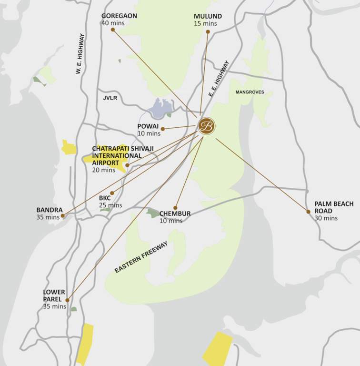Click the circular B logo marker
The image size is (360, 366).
pyautogui.click(x=206, y=126)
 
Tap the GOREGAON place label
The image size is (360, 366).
pyautogui.click(x=119, y=16)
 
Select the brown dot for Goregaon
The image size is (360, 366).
pyautogui.click(x=113, y=30)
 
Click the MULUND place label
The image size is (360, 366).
pyautogui.click(x=208, y=16)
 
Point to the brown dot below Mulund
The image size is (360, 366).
pyautogui.click(x=208, y=32)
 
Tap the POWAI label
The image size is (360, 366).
pyautogui.click(x=148, y=126)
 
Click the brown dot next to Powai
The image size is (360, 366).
pyautogui.click(x=163, y=129)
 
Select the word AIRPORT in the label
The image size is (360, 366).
pyautogui.click(x=105, y=163)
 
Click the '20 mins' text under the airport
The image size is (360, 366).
pyautogui.click(x=103, y=170)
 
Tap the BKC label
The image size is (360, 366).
pyautogui.click(x=105, y=198)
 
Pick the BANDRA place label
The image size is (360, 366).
pyautogui.click(x=50, y=210)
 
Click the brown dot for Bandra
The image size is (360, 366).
pyautogui.click(x=62, y=215)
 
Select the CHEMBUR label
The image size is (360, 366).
pyautogui.click(x=175, y=214)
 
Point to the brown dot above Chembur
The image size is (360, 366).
pyautogui.click(x=175, y=207)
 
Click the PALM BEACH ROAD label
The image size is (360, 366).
pyautogui.click(x=334, y=207)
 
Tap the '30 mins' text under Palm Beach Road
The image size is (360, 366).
pyautogui.click(x=326, y=218)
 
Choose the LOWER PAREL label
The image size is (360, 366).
pyautogui.click(x=54, y=295)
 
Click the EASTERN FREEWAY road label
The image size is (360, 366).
pyautogui.click(x=141, y=257)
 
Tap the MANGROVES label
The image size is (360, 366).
pyautogui.click(x=250, y=92)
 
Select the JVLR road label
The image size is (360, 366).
pyautogui.click(x=110, y=98)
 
